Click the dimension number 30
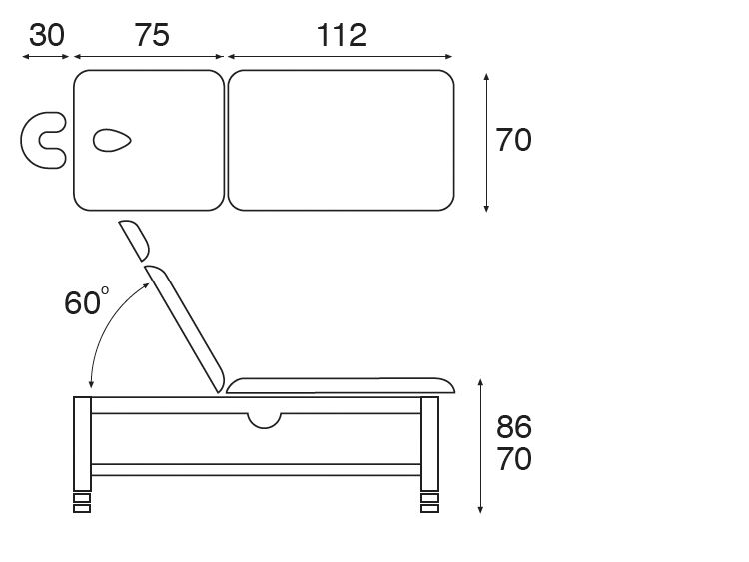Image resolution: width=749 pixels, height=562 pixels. tap(46, 35)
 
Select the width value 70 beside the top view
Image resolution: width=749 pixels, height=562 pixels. tap(513, 140)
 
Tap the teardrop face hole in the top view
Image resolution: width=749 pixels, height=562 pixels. tap(111, 141)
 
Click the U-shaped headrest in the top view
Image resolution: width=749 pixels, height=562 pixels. tap(40, 140)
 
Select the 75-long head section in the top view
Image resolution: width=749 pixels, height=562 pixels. tap(160, 170)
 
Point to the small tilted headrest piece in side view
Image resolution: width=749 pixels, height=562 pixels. tap(133, 240)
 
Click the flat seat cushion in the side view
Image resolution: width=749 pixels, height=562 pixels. tap(340, 384)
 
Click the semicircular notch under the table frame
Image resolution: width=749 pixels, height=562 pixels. tap(264, 420)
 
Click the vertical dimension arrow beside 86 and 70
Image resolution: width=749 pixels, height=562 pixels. tap(481, 445)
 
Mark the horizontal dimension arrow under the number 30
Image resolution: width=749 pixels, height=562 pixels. tap(46, 58)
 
